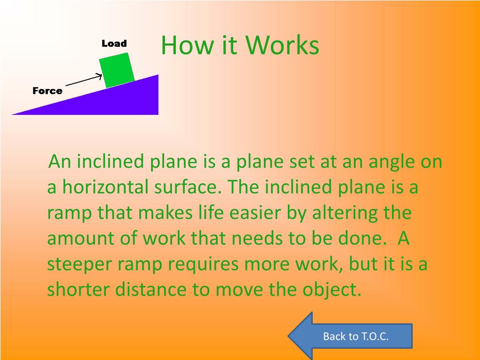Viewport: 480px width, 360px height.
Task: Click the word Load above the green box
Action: point(114,44)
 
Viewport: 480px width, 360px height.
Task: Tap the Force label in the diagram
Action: point(47,90)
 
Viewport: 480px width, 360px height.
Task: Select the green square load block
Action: point(117,70)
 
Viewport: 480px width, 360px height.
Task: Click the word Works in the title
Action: point(282,45)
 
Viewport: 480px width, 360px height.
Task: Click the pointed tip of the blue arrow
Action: point(288,336)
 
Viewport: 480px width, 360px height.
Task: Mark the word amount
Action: point(81,239)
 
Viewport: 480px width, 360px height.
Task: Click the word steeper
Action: point(80,265)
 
